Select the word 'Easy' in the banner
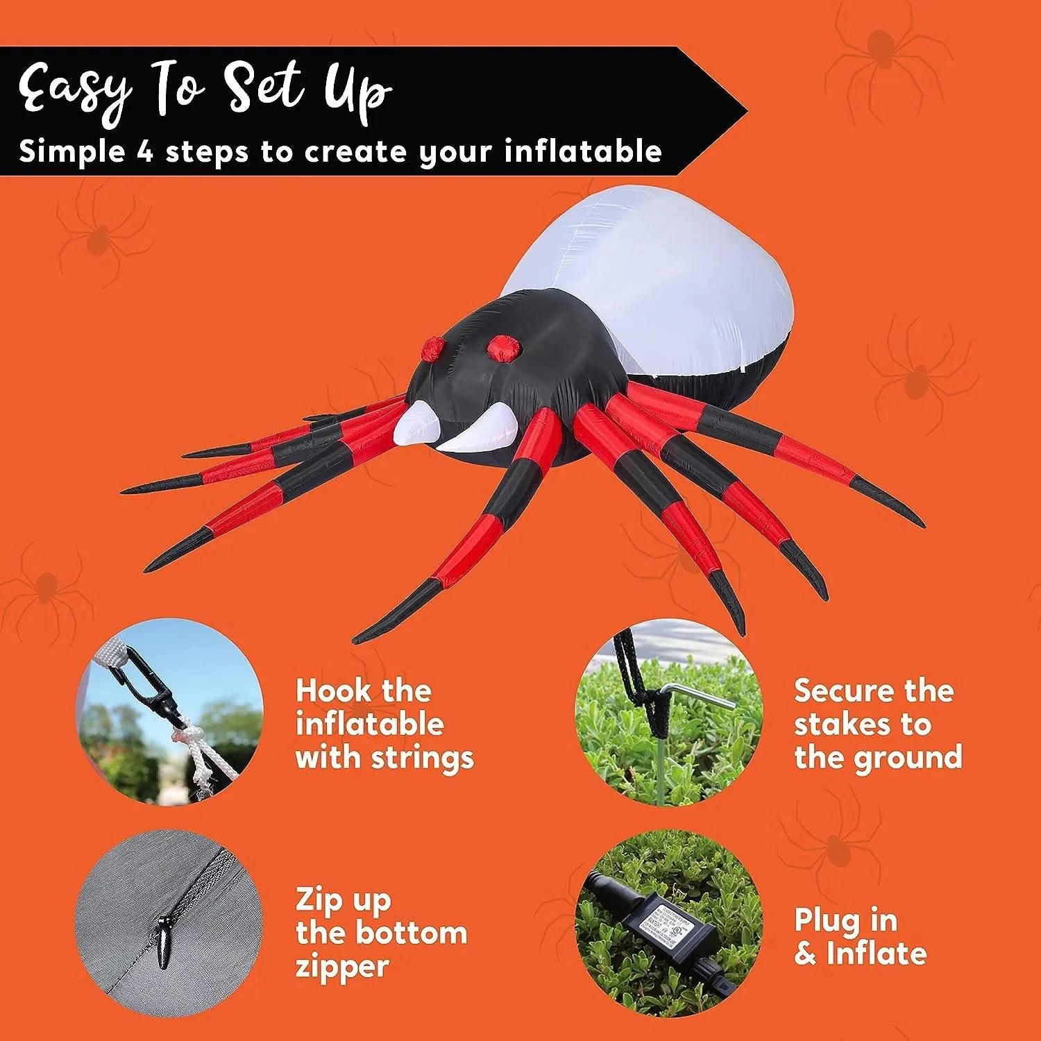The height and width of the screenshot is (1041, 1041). click(75, 89)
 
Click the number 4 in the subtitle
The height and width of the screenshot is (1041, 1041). click(144, 151)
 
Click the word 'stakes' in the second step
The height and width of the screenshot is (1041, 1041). click(842, 724)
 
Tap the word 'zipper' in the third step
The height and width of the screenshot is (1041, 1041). click(342, 966)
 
